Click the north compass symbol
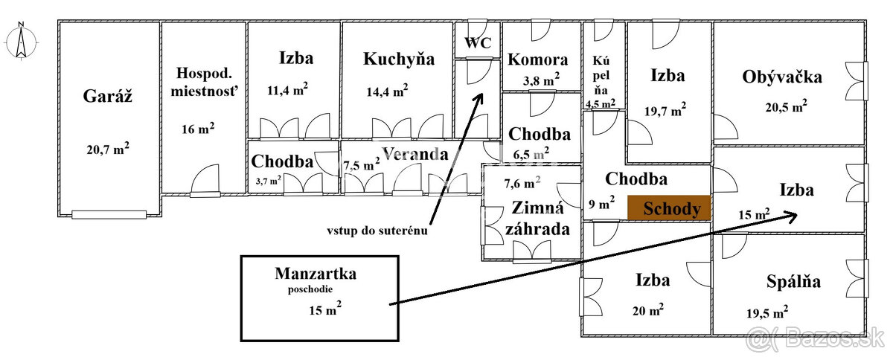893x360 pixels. tap(21, 42)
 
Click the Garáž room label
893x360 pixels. tap(107, 96)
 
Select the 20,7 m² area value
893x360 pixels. tap(108, 149)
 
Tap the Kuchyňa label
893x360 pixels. tap(399, 60)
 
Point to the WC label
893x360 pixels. tap(478, 42)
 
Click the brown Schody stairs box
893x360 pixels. tap(669, 208)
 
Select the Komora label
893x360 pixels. tap(537, 60)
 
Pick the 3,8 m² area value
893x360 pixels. tap(541, 79)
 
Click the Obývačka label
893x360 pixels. tap(782, 77)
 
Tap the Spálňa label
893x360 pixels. tap(793, 282)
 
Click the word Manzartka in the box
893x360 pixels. tap(316, 274)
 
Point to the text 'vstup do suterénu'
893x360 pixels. tap(377, 231)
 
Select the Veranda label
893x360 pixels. tap(415, 154)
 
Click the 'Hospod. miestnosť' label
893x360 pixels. tap(204, 82)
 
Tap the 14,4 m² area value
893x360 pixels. tap(387, 91)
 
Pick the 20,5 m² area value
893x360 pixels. tap(786, 106)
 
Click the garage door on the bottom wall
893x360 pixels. tap(109, 215)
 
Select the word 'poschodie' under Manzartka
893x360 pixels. tap(310, 289)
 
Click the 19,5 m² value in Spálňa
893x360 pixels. tap(767, 312)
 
